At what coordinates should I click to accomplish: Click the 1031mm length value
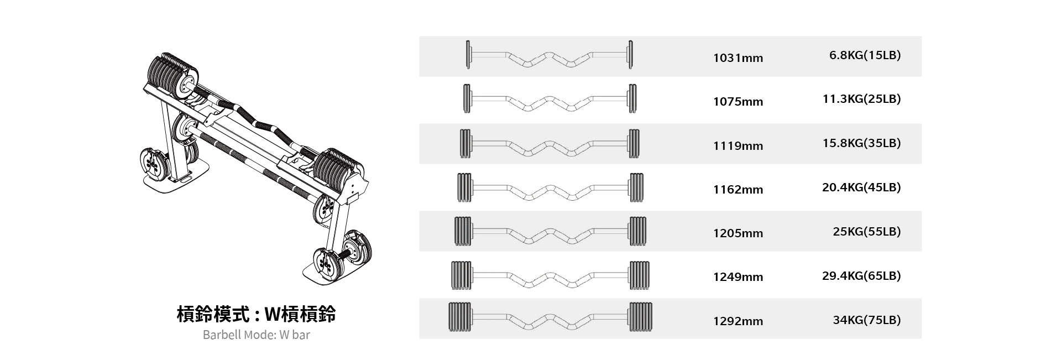click(738, 58)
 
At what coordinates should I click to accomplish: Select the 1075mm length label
click(738, 102)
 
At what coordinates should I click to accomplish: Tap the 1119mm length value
click(738, 146)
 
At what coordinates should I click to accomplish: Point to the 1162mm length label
click(738, 190)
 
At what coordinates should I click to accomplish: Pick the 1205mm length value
click(738, 233)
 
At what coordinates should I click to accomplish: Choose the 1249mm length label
click(738, 277)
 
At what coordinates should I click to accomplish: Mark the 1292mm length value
click(738, 321)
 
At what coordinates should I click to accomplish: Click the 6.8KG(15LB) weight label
click(865, 55)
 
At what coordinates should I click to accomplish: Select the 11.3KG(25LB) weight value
click(861, 99)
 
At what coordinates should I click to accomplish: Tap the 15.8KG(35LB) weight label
click(861, 143)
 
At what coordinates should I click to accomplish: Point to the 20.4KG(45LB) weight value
click(861, 187)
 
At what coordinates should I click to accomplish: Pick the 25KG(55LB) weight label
click(867, 232)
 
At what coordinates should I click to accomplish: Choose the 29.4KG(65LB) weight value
click(861, 276)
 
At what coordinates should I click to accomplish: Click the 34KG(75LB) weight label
click(867, 320)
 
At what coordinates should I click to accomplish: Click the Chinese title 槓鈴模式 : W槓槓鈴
click(256, 314)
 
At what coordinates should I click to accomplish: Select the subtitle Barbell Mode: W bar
click(256, 335)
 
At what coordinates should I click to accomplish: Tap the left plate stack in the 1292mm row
click(460, 317)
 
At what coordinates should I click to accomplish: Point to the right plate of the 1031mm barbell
click(630, 55)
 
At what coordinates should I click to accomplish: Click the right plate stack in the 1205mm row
click(637, 231)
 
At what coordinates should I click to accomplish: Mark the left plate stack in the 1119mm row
click(465, 144)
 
